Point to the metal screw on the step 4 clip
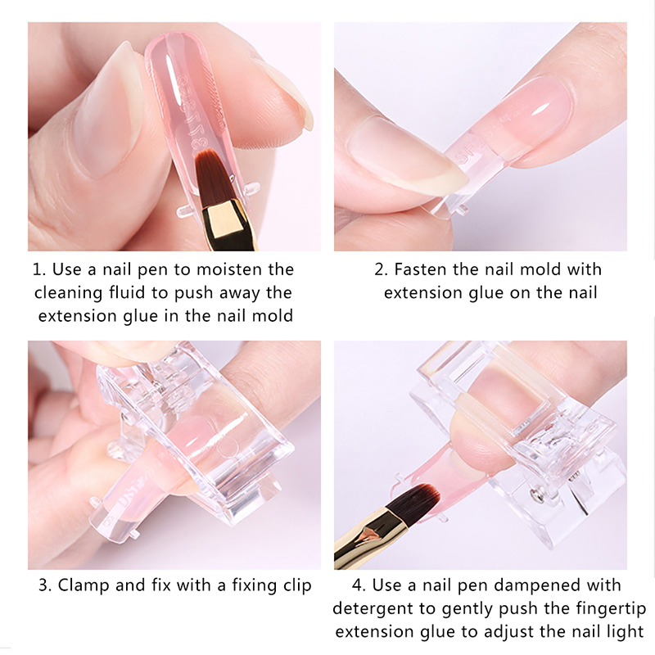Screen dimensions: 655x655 tap(536, 495)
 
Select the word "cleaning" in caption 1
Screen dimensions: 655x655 tap(68, 294)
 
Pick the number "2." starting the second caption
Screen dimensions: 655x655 tap(381, 270)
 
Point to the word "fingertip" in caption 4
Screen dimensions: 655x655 tap(611, 609)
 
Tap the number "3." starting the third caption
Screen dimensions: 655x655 tap(45, 585)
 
